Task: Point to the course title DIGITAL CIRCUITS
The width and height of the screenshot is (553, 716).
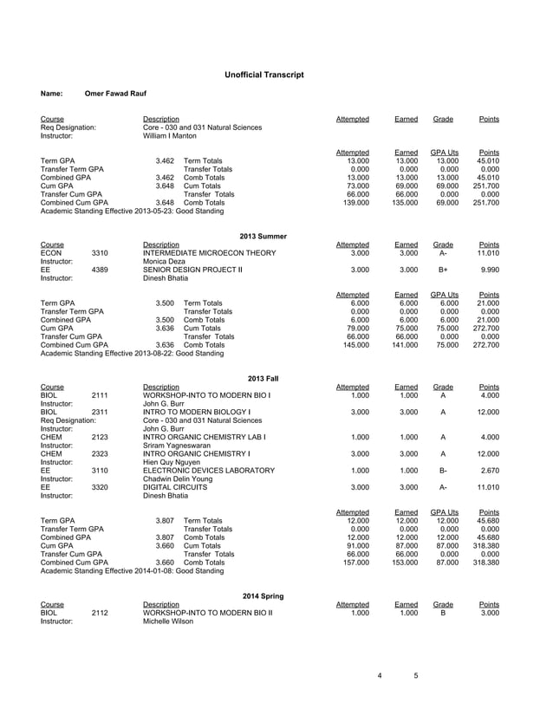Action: coord(173,488)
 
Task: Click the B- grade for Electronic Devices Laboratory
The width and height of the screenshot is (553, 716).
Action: coord(443,471)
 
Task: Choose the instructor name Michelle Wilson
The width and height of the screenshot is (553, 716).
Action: coord(168,622)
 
